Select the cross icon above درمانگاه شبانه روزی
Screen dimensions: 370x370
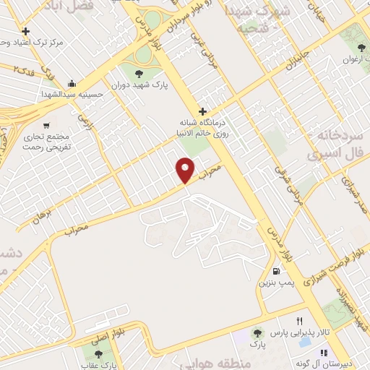pos(203,111)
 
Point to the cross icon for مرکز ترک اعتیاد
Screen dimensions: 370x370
pos(26,31)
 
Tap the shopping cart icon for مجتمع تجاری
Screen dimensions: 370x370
pos(46,125)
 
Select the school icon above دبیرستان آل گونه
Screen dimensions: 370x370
pos(324,353)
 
